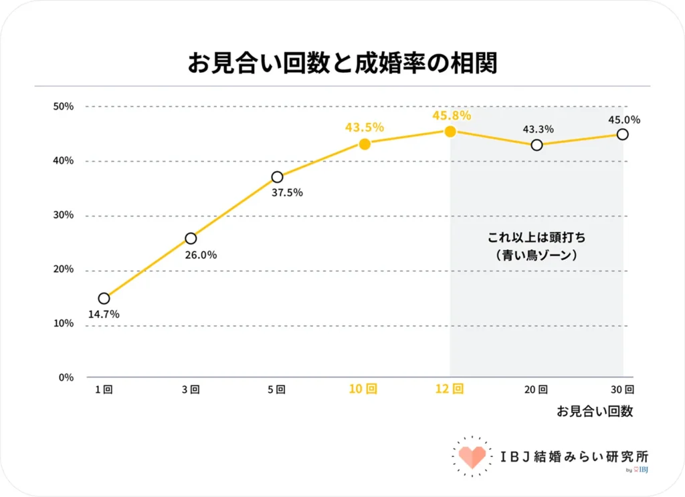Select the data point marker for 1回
point(104,299)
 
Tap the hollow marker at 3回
point(191,238)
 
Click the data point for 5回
point(277,177)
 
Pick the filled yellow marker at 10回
point(365,144)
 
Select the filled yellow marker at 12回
point(450,132)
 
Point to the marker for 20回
point(536,145)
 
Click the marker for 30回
point(622,134)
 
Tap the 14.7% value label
point(103,314)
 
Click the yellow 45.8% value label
point(452,116)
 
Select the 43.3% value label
point(537,130)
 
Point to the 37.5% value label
point(286,193)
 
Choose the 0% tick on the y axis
point(66,377)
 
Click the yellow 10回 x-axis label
point(363,389)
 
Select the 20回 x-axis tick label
point(536,389)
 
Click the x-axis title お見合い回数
point(595,411)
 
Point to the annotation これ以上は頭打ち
point(536,238)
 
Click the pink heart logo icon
point(472,456)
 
